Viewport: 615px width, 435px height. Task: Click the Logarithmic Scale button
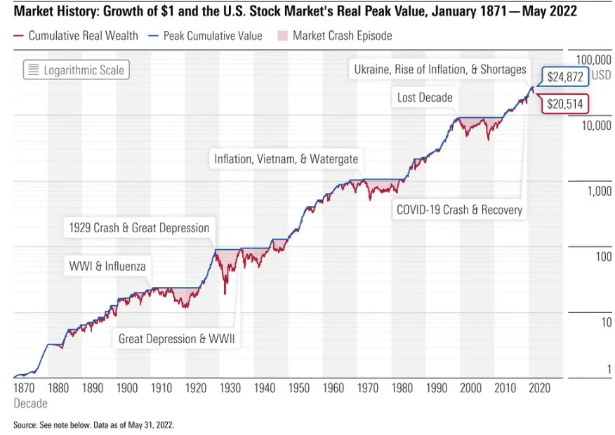(77, 69)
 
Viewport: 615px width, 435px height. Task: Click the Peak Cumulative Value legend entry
(207, 35)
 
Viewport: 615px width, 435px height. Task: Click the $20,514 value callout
(565, 104)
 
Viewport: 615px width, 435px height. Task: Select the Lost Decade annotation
(425, 98)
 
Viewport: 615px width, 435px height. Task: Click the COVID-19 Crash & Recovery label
(459, 209)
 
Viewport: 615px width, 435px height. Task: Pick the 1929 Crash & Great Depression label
(139, 227)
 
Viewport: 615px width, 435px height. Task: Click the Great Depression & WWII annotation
(176, 339)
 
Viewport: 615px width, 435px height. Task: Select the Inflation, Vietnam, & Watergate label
(286, 159)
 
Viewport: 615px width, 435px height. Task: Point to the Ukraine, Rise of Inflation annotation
(439, 69)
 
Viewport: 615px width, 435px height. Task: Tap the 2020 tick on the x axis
(539, 387)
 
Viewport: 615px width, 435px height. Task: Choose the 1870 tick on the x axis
(24, 387)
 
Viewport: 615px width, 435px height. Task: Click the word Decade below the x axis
(30, 403)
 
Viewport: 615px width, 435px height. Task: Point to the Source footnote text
(93, 424)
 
